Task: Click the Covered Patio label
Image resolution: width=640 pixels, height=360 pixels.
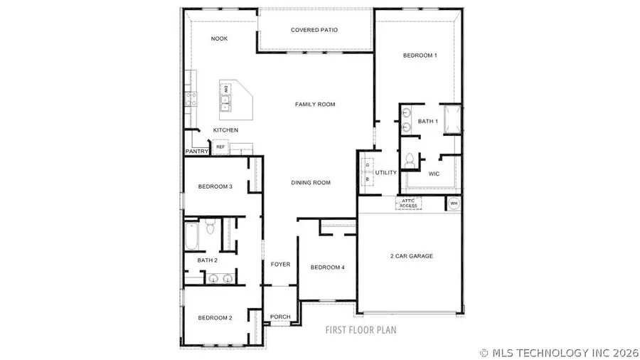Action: [x=314, y=30]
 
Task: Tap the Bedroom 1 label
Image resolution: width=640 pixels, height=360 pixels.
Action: [x=420, y=55]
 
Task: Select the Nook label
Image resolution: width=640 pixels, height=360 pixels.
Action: [x=220, y=38]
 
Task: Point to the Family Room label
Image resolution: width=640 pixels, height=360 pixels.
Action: [x=315, y=105]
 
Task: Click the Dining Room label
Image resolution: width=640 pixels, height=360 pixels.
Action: [x=311, y=183]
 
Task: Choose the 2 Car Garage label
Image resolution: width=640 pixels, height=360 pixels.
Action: [x=411, y=256]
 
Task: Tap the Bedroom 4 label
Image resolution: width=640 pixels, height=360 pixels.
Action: [x=328, y=268]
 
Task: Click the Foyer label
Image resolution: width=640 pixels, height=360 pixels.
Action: [x=280, y=265]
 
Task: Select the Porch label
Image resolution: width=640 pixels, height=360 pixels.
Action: [x=280, y=317]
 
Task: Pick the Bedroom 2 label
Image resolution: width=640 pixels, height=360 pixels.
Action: [x=215, y=318]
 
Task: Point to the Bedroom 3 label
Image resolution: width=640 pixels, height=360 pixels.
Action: [x=215, y=187]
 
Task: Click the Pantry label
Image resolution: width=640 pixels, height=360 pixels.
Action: [x=196, y=152]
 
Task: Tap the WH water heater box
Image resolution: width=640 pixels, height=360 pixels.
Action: [x=454, y=203]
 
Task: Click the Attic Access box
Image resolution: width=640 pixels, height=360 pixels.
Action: [x=408, y=203]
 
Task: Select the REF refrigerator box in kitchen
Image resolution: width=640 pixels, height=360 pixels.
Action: [x=220, y=147]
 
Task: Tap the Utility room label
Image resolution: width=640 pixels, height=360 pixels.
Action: [x=386, y=173]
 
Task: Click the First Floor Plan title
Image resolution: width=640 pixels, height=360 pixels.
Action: [x=361, y=330]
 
